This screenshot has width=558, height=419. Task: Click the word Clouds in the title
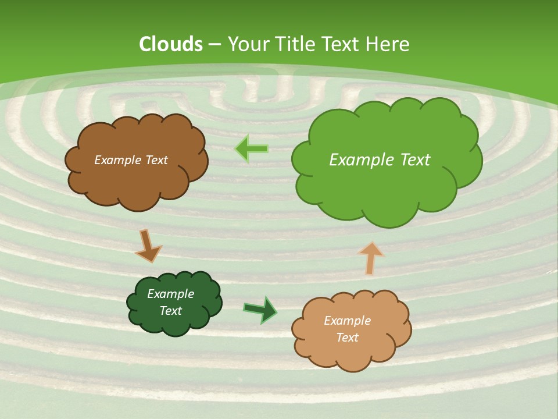click(171, 44)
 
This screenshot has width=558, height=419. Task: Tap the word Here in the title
click(387, 44)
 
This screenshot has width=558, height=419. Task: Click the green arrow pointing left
click(251, 149)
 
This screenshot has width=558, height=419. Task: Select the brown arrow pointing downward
click(148, 246)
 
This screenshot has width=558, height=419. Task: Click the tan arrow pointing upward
click(370, 257)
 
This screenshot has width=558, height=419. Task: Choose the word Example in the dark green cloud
click(171, 294)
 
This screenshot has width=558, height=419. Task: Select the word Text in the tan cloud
click(348, 338)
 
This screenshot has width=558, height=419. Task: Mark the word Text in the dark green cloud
click(171, 311)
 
